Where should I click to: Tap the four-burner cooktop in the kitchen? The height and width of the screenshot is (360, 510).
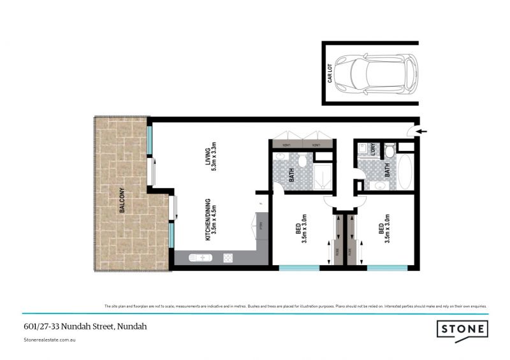pos(228,258)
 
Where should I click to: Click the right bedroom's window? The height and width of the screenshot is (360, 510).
pos(387,268)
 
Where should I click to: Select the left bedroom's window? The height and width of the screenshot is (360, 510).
pos(298,268)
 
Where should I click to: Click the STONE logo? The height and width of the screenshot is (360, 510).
pos(462,329)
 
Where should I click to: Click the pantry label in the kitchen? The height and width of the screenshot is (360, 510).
pos(261,224)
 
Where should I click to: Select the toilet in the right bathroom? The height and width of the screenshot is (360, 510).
pos(389,150)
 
